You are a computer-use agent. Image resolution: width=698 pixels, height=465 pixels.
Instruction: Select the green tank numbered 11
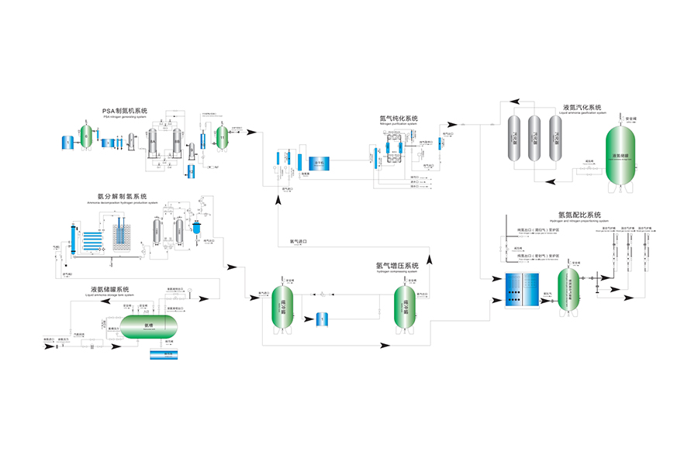point(223,137)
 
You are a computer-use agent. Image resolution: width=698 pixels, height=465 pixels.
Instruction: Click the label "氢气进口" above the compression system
point(299,242)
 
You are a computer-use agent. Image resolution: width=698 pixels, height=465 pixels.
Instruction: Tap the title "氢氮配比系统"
point(579,215)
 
